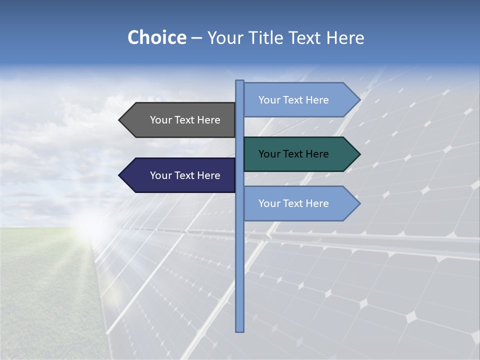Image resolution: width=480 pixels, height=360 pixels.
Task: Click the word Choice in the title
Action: (x=156, y=37)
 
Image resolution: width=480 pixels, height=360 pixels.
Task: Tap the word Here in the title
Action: (x=345, y=37)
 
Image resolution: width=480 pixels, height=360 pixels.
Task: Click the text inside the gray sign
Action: (x=185, y=120)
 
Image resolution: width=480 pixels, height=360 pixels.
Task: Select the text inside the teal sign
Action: (x=293, y=154)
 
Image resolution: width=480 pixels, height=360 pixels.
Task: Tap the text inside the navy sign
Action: (x=185, y=175)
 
